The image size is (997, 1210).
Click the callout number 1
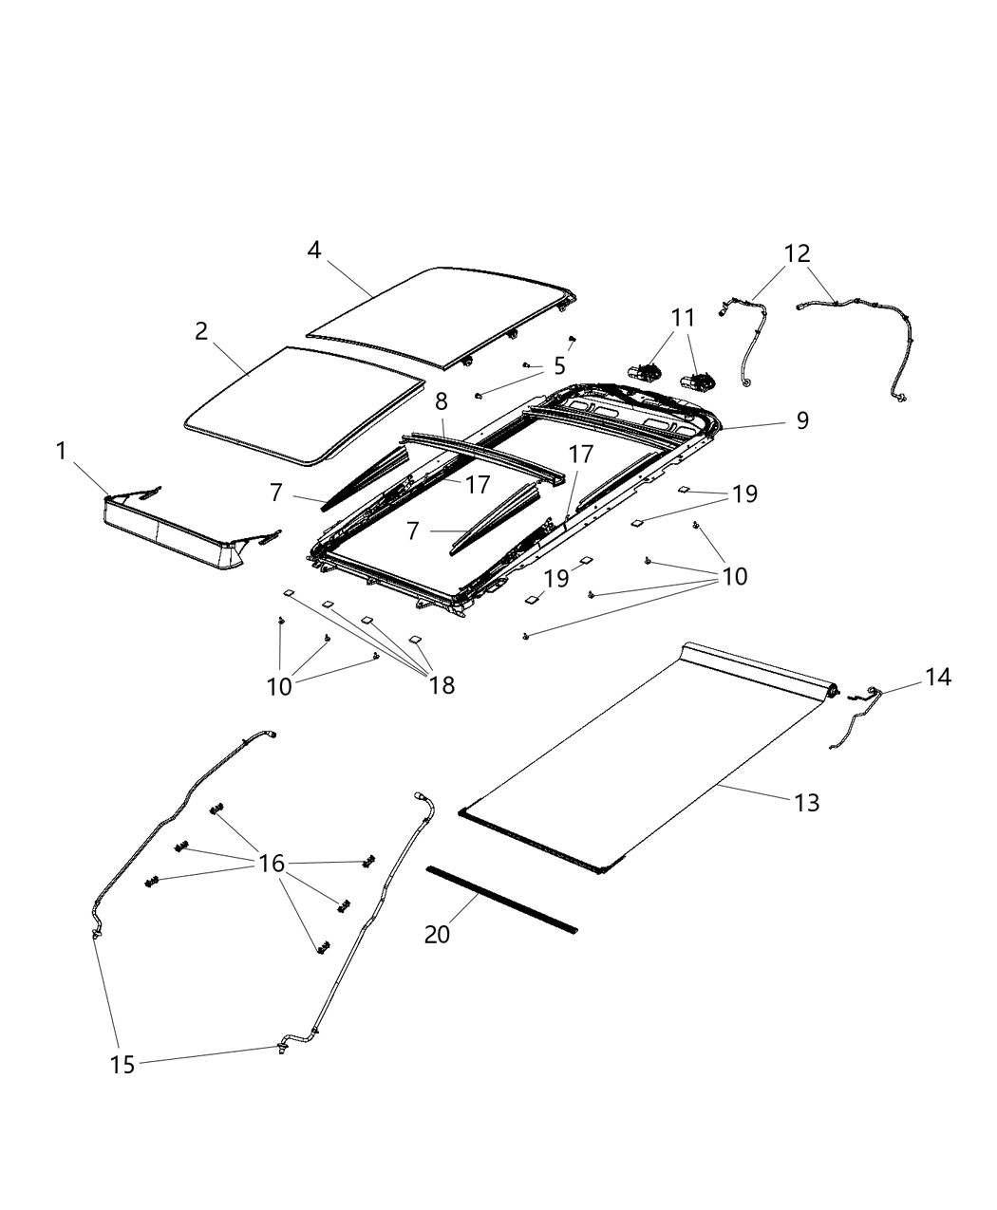point(62,451)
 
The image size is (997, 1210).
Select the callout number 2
point(201,331)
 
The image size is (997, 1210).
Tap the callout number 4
point(314,250)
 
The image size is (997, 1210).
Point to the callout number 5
point(559,365)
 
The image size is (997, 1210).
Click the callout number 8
point(442,401)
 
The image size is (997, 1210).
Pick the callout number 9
point(802,420)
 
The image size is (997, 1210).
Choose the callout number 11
point(684,318)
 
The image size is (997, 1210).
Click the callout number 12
point(798,253)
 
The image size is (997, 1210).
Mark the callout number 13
point(806,803)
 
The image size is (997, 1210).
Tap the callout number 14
point(938,677)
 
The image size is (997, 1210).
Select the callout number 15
point(122,1064)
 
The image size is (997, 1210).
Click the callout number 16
point(272,864)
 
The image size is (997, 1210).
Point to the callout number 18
point(442,684)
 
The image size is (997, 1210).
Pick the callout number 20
point(438,934)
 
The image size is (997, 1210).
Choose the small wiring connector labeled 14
point(855,717)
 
